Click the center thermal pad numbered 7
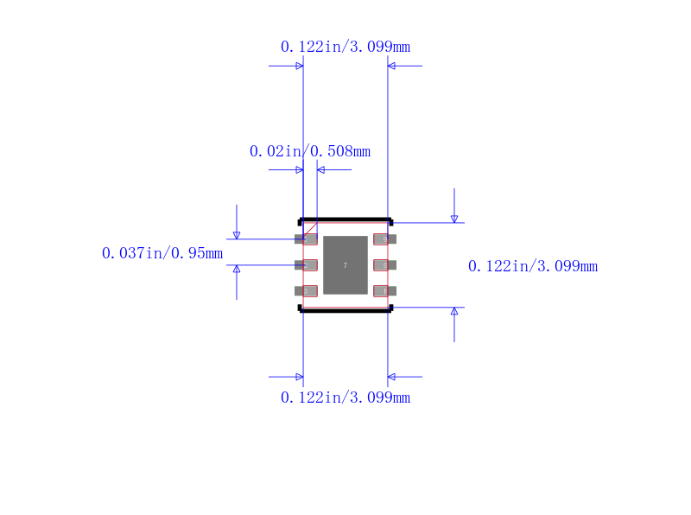tap(345, 265)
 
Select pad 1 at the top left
tap(307, 239)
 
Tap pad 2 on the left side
tap(307, 265)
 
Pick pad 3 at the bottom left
tap(307, 291)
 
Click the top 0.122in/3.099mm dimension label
tap(345, 47)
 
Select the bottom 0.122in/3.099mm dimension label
tap(345, 397)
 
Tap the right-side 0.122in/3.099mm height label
tap(532, 266)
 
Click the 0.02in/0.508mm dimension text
tap(310, 151)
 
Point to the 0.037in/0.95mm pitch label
tap(162, 253)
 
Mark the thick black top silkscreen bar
tap(345, 219)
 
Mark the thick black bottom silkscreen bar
tap(345, 309)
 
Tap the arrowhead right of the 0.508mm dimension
tap(320, 169)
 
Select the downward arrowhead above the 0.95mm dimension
tap(237, 235)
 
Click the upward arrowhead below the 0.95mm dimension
tap(237, 269)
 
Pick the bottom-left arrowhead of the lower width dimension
tap(299, 377)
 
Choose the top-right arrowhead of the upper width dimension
tap(391, 66)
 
